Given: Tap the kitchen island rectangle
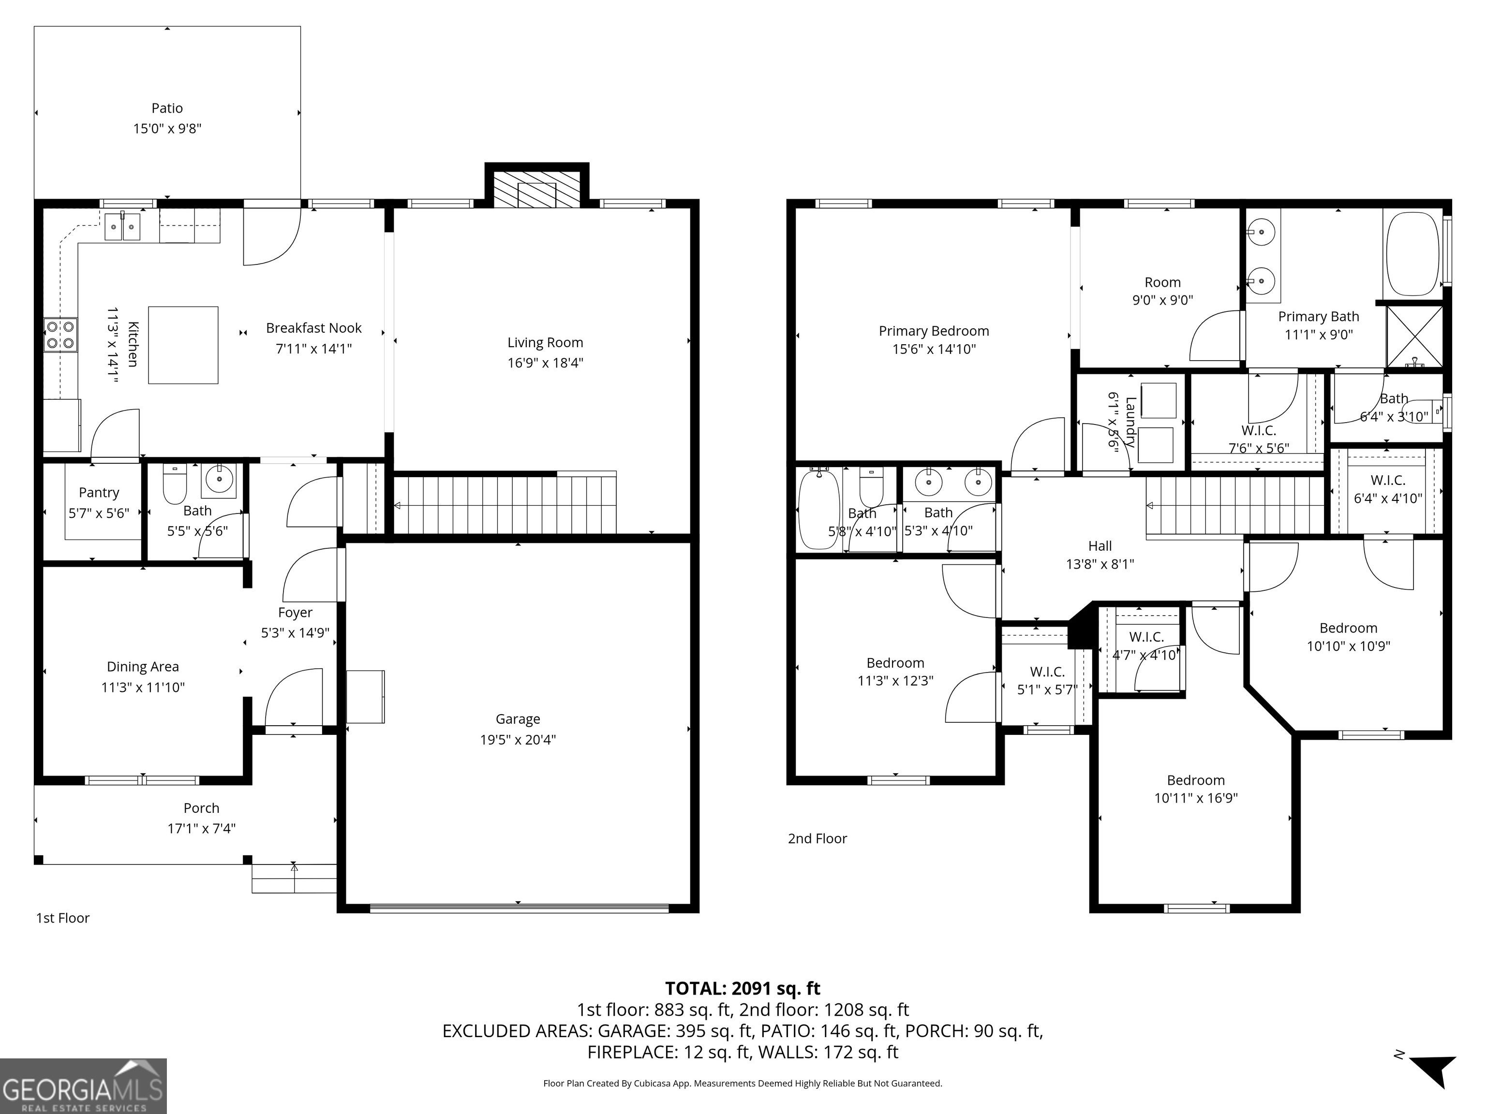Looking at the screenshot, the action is tap(183, 345).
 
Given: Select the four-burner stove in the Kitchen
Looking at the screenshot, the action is tap(60, 335).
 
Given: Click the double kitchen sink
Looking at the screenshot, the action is tap(122, 226).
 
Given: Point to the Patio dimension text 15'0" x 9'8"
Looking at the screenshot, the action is tap(167, 128).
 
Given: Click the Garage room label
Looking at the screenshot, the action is tap(518, 719).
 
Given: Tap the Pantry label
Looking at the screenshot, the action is tap(99, 492).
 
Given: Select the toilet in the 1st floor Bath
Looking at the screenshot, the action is tap(175, 484).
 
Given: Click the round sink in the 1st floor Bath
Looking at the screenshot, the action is tap(221, 480).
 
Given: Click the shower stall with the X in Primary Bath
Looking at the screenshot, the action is tap(1414, 337).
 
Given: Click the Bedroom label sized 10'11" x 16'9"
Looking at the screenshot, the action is tap(1196, 780).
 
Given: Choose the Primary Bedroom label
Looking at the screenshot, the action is tap(934, 331).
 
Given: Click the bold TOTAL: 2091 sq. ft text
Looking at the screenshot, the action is tap(743, 988).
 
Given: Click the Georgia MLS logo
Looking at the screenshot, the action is tap(83, 1086).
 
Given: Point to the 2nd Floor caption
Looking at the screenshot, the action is tap(817, 839).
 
